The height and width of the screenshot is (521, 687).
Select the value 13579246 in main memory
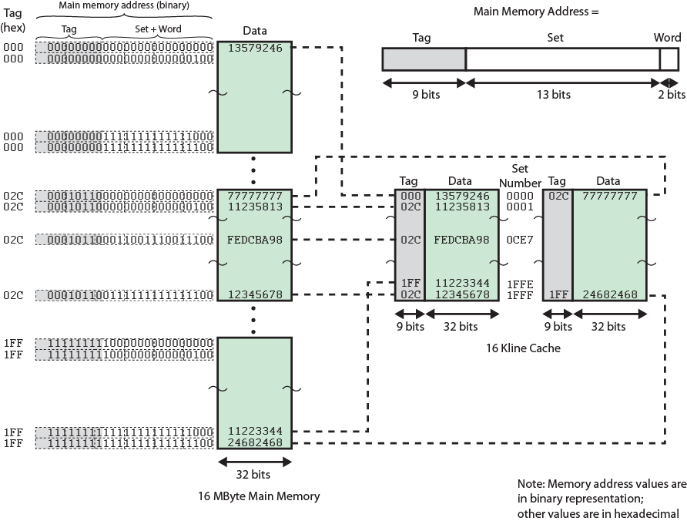tap(255, 48)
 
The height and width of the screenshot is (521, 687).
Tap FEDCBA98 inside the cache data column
tap(461, 240)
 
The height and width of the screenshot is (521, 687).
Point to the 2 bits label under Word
tap(671, 95)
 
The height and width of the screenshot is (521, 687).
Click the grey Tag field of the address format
tap(424, 59)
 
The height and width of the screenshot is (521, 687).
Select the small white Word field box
tap(669, 59)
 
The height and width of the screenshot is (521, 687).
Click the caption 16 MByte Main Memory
tap(258, 496)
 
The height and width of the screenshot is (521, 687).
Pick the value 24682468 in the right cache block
tap(608, 294)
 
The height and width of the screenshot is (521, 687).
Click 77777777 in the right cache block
tap(608, 196)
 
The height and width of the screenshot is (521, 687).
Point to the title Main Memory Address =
tap(536, 12)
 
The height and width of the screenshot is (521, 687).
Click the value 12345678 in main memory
tap(255, 294)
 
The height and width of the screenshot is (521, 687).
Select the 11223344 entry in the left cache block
tap(461, 284)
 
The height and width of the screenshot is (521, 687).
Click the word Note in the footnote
tap(531, 484)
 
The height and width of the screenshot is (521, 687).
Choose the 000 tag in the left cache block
tap(409, 196)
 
